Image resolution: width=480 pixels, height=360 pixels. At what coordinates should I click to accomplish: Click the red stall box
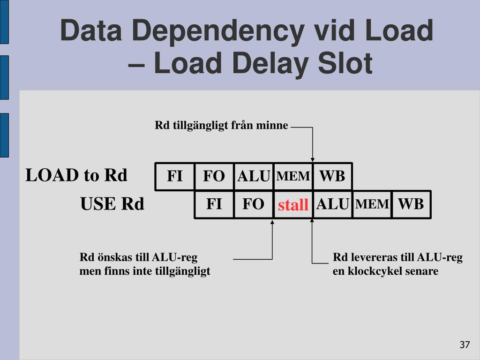pos(293,205)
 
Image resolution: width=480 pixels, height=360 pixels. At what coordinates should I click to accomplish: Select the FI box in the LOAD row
pos(175,176)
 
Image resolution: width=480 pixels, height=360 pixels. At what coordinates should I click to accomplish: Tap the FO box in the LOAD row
pos(214,176)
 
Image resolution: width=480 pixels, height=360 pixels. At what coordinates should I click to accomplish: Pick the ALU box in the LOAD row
pos(254,176)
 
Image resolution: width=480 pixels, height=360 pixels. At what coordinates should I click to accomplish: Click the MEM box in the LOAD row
pos(293,176)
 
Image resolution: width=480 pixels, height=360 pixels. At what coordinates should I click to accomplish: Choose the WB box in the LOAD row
pos(332,176)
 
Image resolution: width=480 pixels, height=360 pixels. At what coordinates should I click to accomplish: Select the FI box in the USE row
pos(214,204)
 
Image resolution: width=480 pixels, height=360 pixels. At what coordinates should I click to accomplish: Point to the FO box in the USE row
pos(253,204)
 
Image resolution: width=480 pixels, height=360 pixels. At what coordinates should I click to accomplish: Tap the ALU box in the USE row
pos(332,204)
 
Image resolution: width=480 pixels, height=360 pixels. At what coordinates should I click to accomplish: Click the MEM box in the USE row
pos(372,204)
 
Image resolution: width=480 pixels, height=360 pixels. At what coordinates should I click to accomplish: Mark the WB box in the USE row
pos(411,204)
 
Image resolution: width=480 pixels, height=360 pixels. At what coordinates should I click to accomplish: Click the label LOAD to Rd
pos(76,175)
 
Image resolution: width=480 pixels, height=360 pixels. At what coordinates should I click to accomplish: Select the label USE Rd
pos(112,204)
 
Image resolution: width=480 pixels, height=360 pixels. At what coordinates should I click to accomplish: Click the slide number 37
pos(464,345)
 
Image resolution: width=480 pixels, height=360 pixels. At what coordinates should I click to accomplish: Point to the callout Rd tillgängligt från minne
pos(221,126)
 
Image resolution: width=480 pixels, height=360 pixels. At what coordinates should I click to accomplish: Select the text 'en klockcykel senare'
pos(385,271)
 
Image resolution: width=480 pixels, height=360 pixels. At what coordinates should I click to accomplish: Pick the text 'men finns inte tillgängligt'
pos(145,271)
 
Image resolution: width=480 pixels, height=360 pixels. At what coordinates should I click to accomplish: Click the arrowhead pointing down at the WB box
pos(313,159)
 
